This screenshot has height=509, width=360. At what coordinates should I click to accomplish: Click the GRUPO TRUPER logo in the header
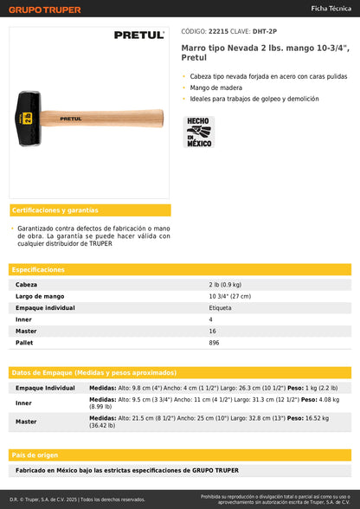click(x=46, y=10)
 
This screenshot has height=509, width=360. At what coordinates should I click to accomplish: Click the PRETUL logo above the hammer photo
click(x=138, y=35)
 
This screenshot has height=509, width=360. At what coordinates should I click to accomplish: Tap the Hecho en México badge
click(x=198, y=132)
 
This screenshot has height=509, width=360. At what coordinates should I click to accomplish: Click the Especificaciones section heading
click(x=39, y=270)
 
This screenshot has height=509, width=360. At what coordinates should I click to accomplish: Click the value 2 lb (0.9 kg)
click(x=225, y=284)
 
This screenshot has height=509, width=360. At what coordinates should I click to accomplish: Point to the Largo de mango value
click(x=229, y=296)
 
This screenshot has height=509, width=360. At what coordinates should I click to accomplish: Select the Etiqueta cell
click(x=220, y=307)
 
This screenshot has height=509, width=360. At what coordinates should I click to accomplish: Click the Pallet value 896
click(x=214, y=342)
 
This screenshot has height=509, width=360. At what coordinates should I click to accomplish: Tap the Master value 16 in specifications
click(x=212, y=331)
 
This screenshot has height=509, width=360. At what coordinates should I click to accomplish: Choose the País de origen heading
click(x=35, y=454)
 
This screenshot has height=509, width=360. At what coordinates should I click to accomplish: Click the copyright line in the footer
click(x=78, y=499)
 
